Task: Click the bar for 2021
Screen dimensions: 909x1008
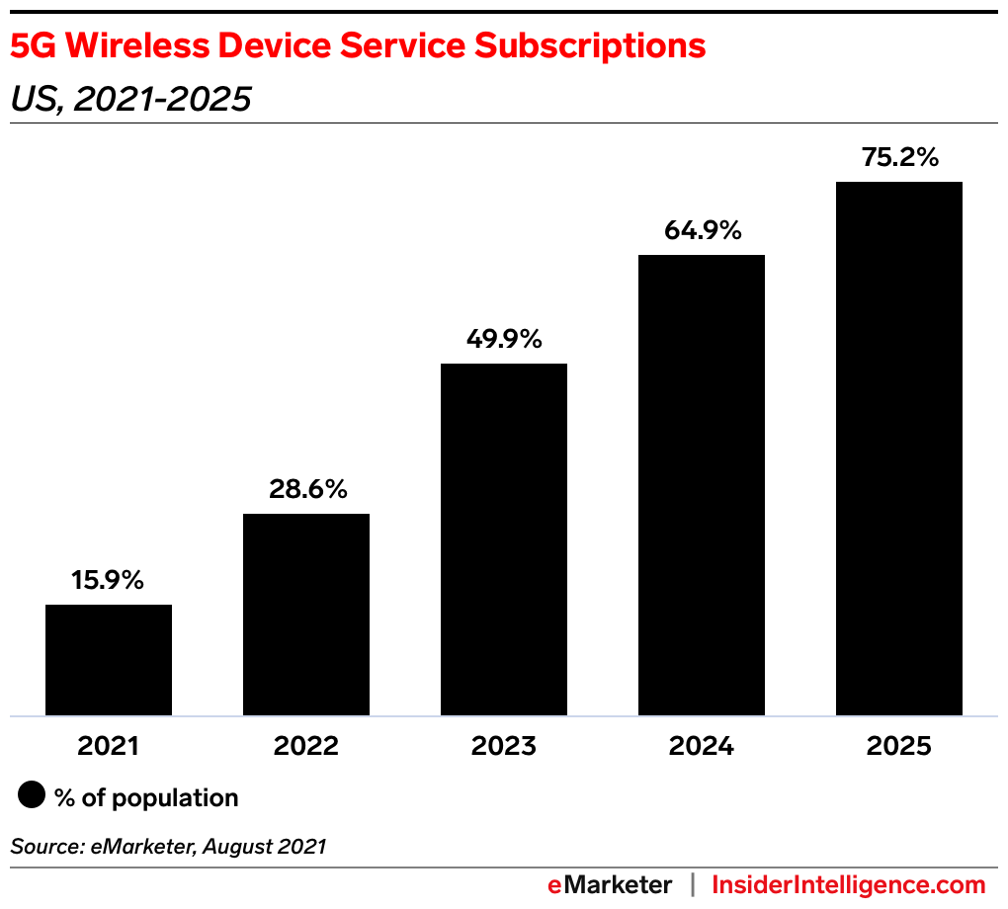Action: (x=109, y=660)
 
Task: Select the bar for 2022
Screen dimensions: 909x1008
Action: (x=306, y=615)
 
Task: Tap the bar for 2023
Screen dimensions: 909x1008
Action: (x=504, y=539)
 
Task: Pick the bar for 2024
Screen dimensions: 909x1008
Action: (x=702, y=485)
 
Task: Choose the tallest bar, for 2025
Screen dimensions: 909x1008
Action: (x=899, y=449)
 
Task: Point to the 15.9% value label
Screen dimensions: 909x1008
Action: (x=109, y=581)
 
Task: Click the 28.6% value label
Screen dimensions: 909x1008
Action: (x=306, y=490)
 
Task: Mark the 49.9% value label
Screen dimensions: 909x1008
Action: (x=504, y=340)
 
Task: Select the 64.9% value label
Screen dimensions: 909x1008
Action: (x=702, y=231)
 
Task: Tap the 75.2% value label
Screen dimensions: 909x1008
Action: (x=899, y=158)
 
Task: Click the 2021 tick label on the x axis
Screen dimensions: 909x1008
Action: (x=109, y=746)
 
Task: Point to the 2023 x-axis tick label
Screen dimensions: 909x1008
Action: (x=504, y=746)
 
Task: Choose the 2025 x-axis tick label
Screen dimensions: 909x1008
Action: (x=899, y=746)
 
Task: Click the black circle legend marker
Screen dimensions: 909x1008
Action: (x=33, y=796)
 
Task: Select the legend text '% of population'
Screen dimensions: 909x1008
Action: (x=147, y=798)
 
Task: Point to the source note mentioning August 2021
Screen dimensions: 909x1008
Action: (x=168, y=846)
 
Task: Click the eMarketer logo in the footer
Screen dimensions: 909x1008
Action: (x=610, y=884)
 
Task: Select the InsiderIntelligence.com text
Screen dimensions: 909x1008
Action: (x=849, y=884)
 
